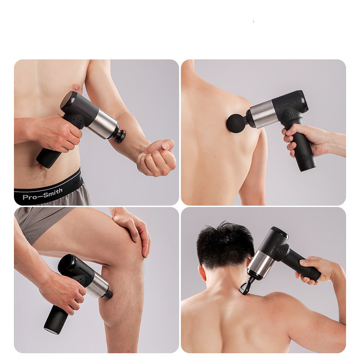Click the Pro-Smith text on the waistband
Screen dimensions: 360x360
point(42,194)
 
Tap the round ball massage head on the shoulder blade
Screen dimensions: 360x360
point(236,123)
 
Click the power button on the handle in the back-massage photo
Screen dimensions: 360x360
point(305,157)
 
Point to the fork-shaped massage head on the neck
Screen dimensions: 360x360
point(246,285)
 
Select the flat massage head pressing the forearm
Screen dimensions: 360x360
point(120,136)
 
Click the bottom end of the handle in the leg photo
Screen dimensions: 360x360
point(52,330)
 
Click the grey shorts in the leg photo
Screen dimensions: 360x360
point(41,222)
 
